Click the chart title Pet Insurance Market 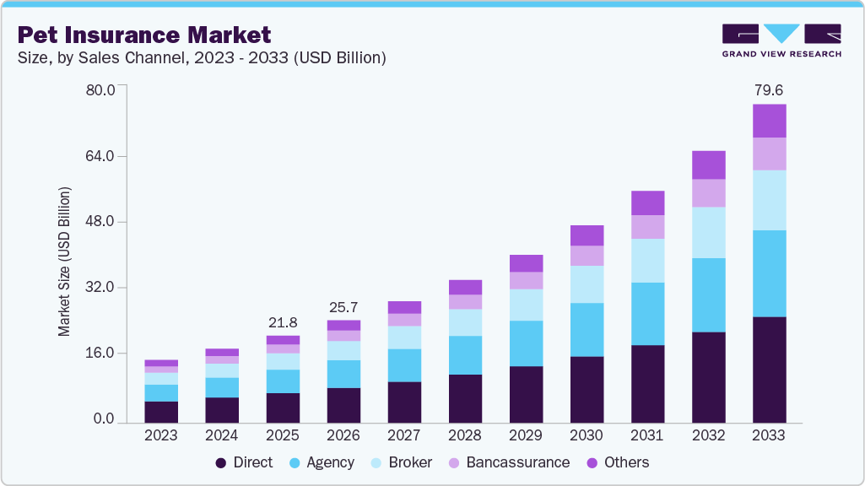[144, 35]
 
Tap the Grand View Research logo [781, 40]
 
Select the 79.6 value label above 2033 [769, 89]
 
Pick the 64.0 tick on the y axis [100, 156]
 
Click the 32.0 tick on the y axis [100, 288]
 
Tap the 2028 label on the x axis [465, 435]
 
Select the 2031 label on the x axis [647, 435]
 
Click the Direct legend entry [244, 462]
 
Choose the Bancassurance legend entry [508, 462]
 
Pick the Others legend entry [617, 462]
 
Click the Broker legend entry [402, 462]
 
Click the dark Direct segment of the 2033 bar [769, 370]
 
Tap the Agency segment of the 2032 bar [708, 294]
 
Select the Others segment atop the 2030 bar [587, 235]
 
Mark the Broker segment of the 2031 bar [647, 261]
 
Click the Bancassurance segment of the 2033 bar [769, 154]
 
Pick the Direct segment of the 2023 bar [161, 412]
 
